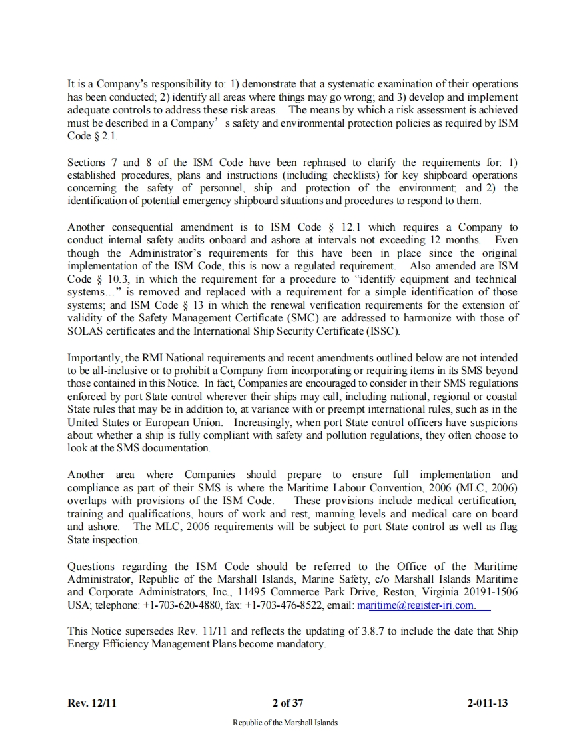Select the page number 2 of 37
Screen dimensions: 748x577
point(288,703)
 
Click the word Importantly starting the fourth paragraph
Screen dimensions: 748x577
point(94,358)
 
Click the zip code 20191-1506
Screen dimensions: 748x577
point(486,592)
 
